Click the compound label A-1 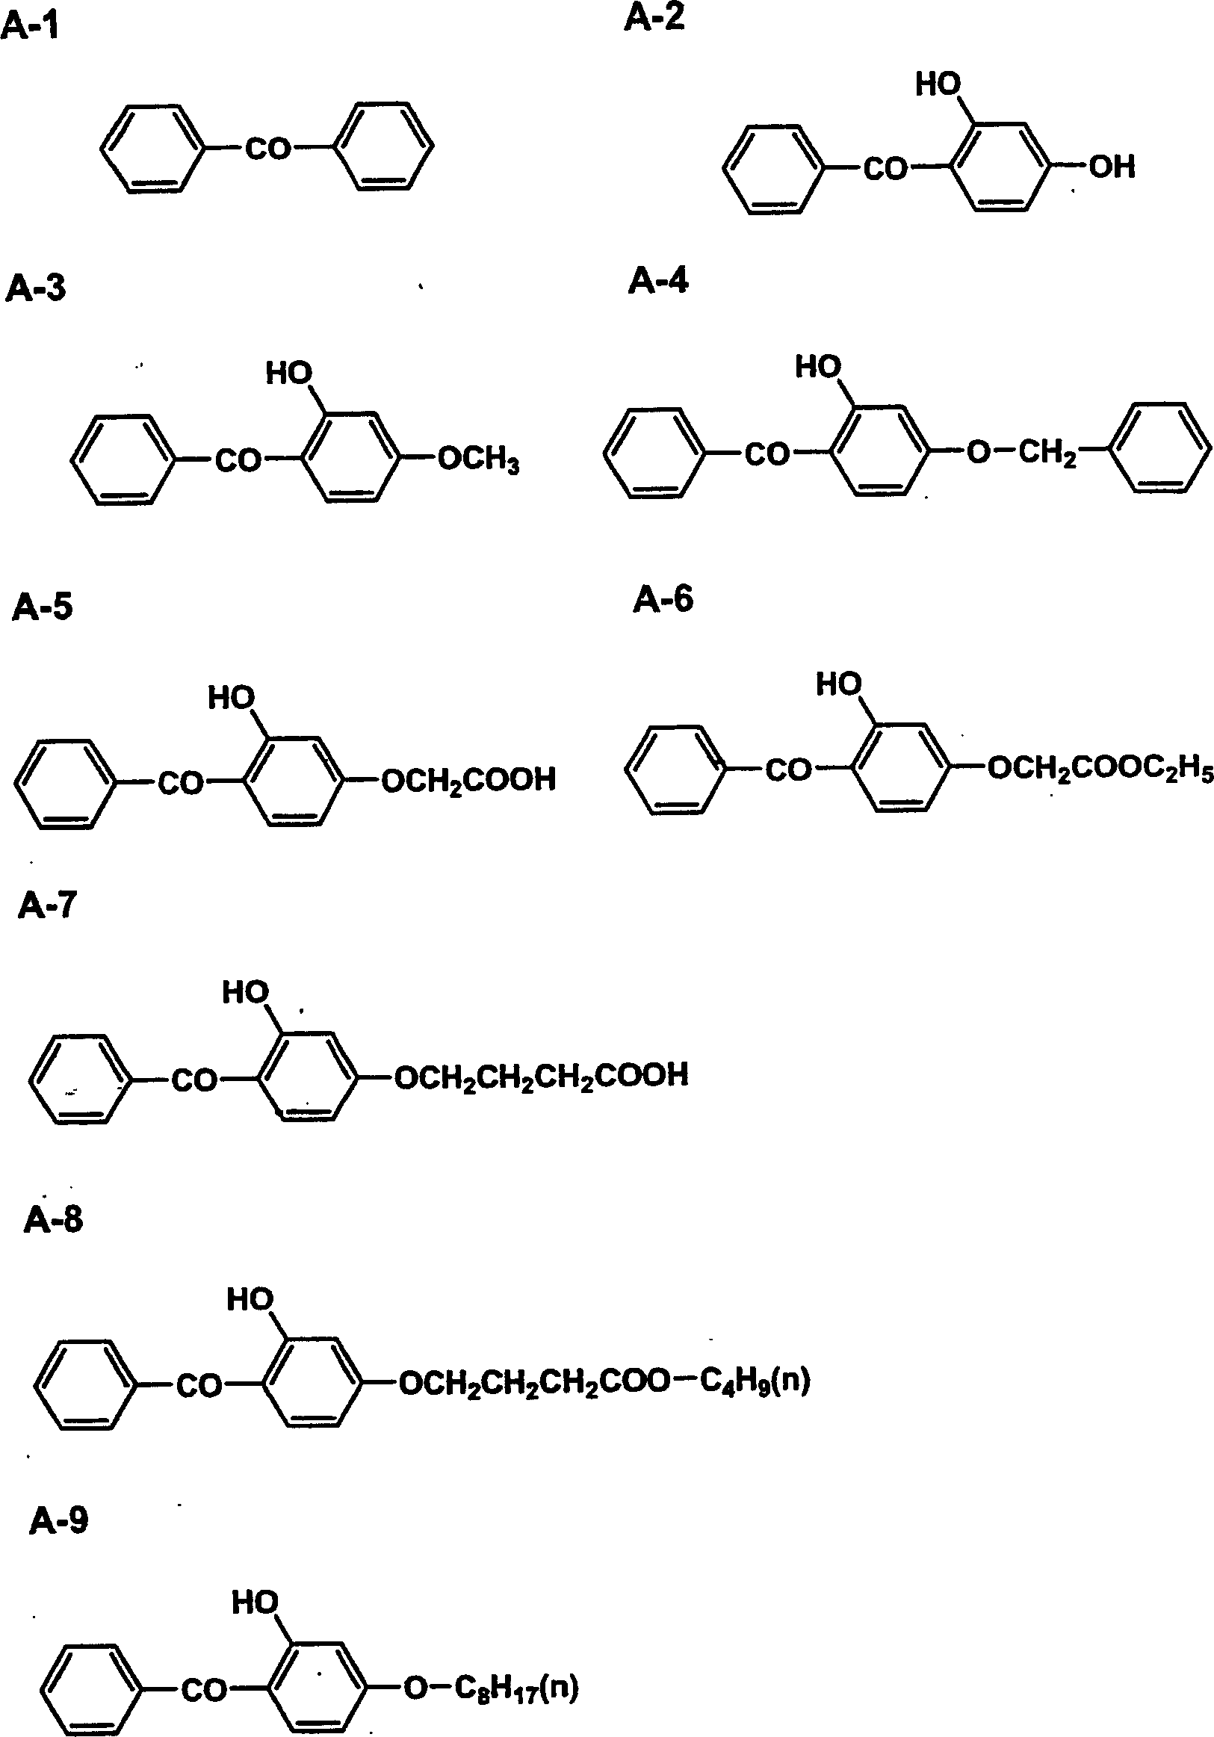tap(30, 28)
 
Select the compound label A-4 tap(658, 282)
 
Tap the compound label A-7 tap(47, 905)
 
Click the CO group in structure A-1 tap(268, 149)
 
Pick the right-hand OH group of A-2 tap(1112, 167)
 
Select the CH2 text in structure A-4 tap(1047, 454)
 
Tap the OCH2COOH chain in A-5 tap(469, 780)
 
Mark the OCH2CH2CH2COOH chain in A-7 tap(542, 1076)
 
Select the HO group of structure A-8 tap(250, 1300)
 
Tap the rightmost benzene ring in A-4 tap(1159, 448)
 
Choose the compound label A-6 tap(663, 600)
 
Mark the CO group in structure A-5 tap(181, 783)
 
